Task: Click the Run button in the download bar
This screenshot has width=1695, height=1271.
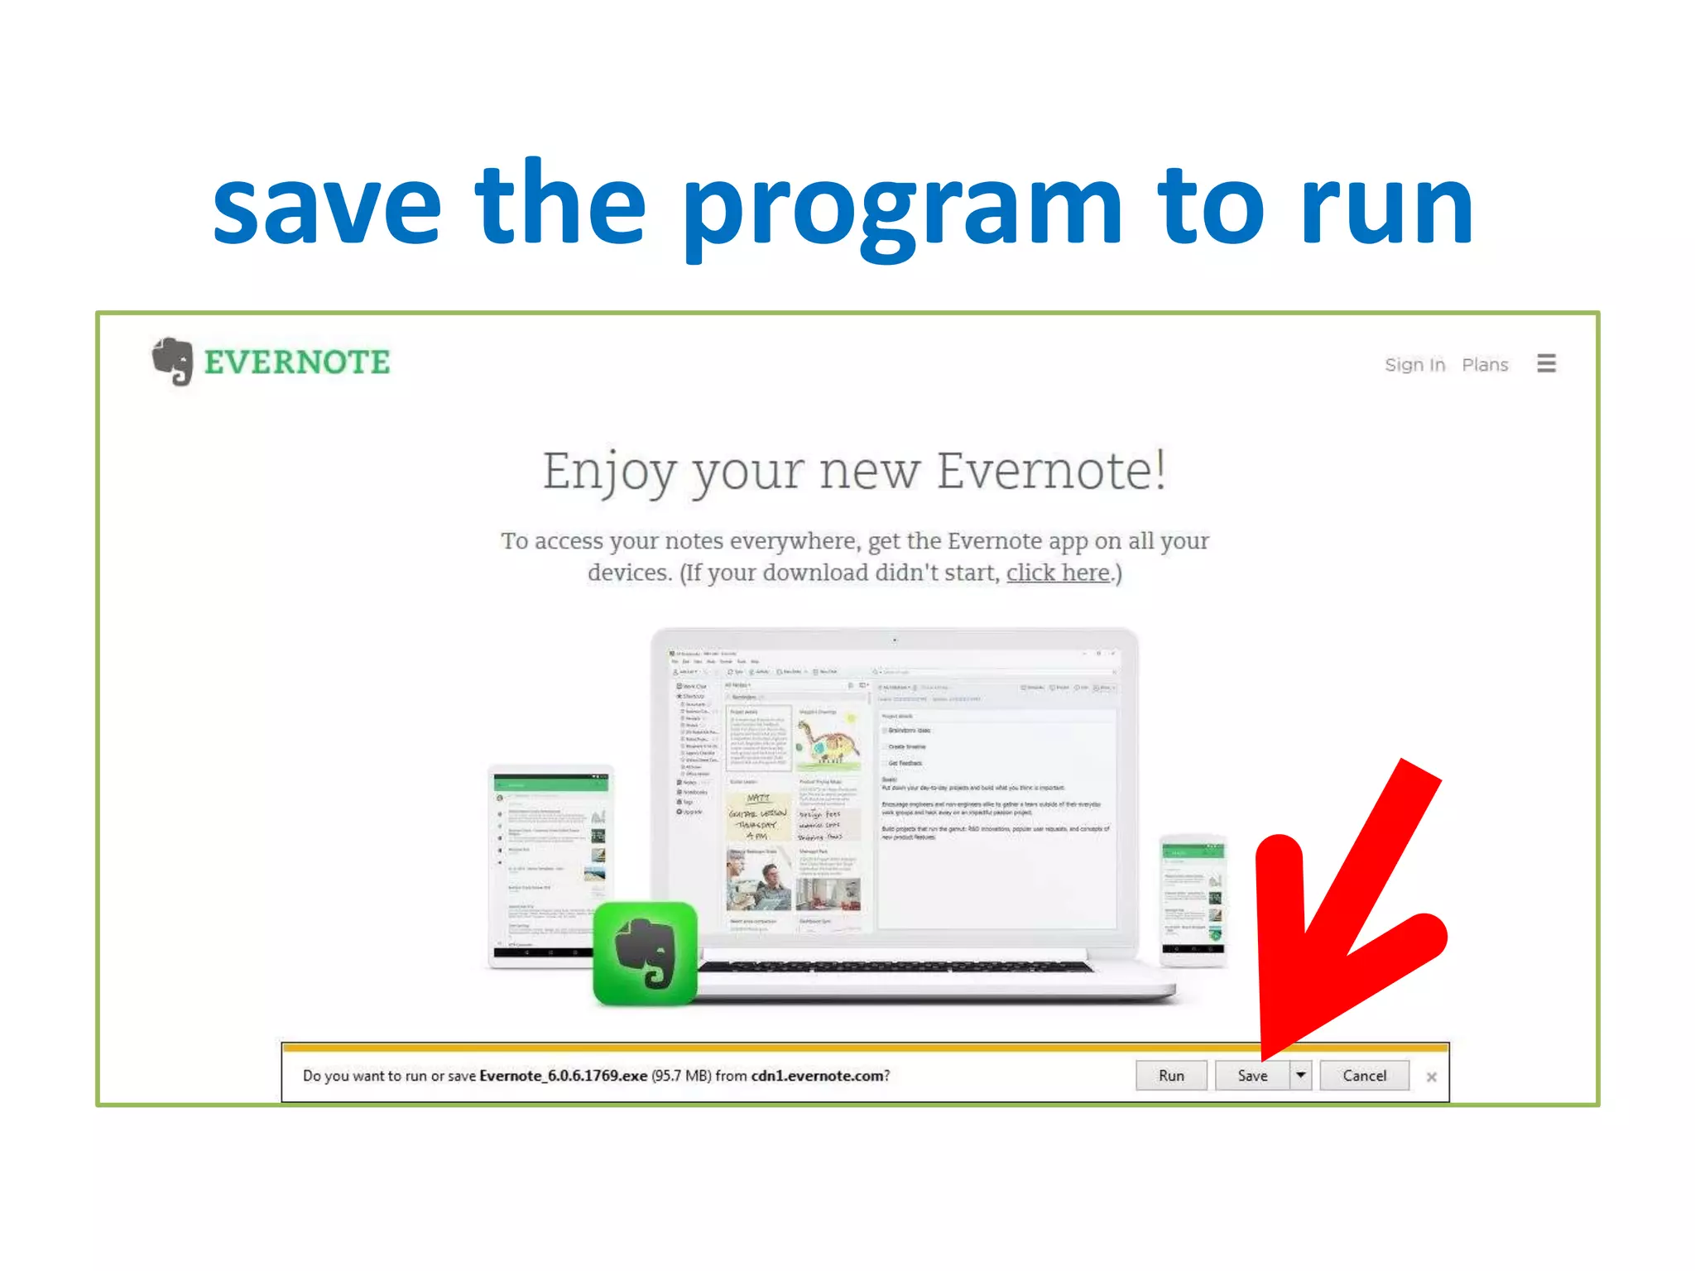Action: pyautogui.click(x=1171, y=1076)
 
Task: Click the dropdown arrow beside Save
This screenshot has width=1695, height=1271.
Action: pyautogui.click(x=1301, y=1076)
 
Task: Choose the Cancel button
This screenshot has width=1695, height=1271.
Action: pyautogui.click(x=1364, y=1076)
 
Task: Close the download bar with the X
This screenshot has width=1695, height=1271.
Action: pyautogui.click(x=1432, y=1077)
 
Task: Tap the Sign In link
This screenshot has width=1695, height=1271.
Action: pyautogui.click(x=1414, y=365)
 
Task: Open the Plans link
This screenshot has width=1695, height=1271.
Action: pyautogui.click(x=1485, y=365)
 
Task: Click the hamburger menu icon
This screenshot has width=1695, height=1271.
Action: pyautogui.click(x=1546, y=363)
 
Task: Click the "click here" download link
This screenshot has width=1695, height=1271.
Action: pyautogui.click(x=1058, y=573)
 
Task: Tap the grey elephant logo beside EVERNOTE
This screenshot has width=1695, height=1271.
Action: pyautogui.click(x=173, y=361)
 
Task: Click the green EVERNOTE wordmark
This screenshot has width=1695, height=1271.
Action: pyautogui.click(x=297, y=362)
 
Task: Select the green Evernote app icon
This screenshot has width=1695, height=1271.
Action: pyautogui.click(x=646, y=953)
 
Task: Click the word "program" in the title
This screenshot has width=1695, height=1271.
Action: pyautogui.click(x=902, y=207)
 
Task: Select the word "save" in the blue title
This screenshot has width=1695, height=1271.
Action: pyautogui.click(x=327, y=207)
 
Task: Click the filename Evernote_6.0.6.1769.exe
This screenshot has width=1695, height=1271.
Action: pyautogui.click(x=564, y=1076)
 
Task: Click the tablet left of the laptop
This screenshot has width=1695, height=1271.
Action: pyautogui.click(x=550, y=865)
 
